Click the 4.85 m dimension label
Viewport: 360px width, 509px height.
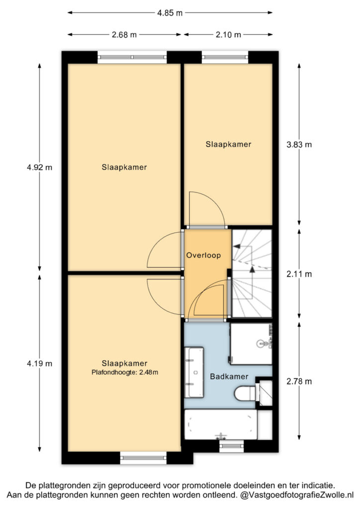click(170, 13)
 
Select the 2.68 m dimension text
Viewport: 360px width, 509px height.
click(124, 35)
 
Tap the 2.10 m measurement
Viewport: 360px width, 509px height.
click(229, 35)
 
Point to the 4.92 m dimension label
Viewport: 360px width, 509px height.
click(40, 168)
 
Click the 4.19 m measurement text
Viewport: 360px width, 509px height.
click(40, 363)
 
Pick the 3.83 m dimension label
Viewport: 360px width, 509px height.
click(299, 145)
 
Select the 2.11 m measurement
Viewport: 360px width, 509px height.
click(299, 274)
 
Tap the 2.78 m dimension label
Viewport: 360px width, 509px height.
click(299, 381)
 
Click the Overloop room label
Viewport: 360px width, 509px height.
click(203, 255)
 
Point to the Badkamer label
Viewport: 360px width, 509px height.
click(229, 377)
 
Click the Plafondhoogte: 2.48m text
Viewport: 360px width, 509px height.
click(125, 372)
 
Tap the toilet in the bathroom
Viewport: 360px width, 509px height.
click(246, 394)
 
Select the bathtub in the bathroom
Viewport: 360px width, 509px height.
click(221, 424)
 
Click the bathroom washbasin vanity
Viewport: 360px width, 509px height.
click(194, 372)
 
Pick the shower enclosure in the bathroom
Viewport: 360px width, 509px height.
click(251, 344)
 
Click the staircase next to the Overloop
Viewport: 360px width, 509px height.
click(252, 273)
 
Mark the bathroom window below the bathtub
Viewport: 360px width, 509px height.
click(231, 447)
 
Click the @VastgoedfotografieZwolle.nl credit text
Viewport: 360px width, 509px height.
click(297, 496)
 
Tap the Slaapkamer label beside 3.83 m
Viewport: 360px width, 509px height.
click(229, 145)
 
